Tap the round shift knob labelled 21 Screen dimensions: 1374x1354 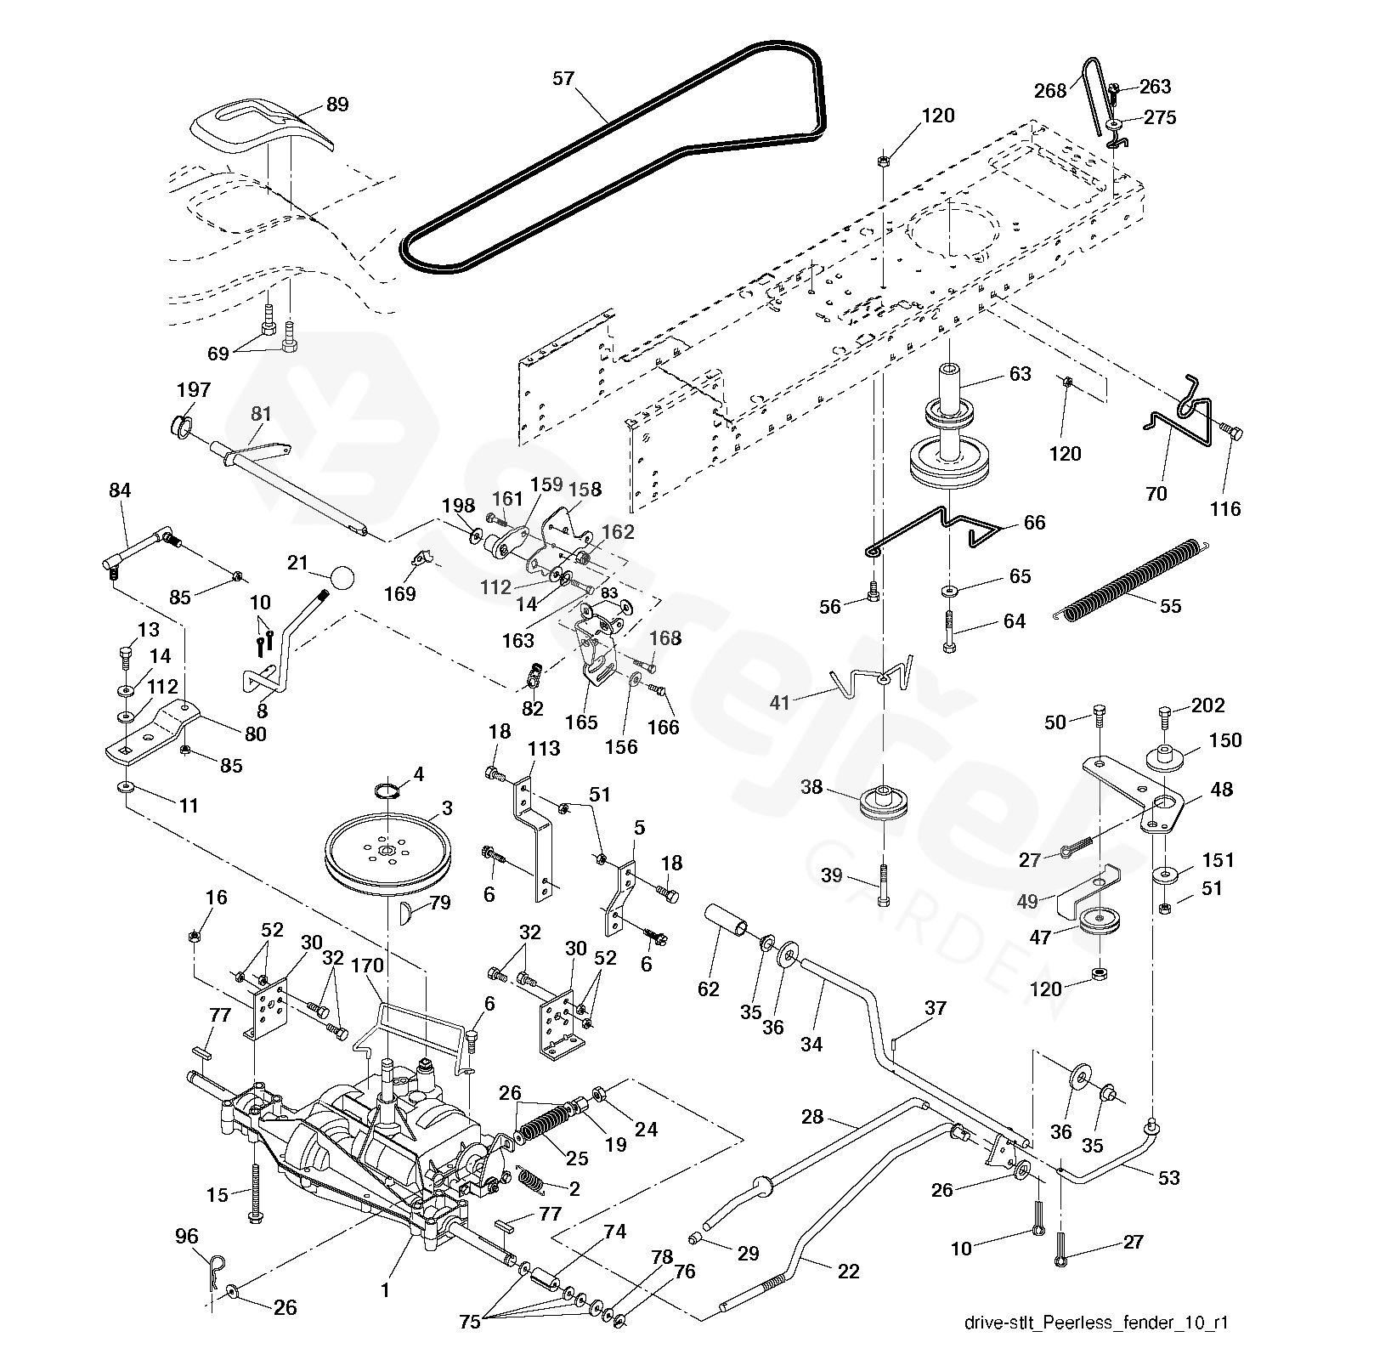point(342,577)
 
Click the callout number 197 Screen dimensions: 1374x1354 point(193,390)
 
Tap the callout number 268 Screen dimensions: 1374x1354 point(1050,90)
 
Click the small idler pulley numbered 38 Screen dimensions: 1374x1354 point(884,803)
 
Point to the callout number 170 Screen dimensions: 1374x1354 point(367,966)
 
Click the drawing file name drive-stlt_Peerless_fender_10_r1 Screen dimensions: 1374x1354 point(1096,1323)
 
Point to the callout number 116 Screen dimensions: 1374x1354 point(1225,508)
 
